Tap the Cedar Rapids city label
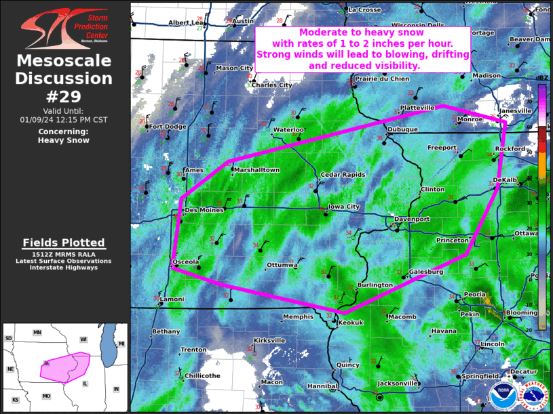tap(343, 174)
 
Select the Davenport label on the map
tap(412, 220)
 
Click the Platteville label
tap(417, 107)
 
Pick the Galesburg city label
tap(426, 272)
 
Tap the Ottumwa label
tap(282, 264)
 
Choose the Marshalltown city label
tap(257, 170)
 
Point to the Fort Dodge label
tap(168, 126)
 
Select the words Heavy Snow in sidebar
tap(64, 140)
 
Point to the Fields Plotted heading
tap(64, 243)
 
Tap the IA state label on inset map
tap(46, 363)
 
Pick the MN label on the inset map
tap(37, 333)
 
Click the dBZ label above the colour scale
tap(541, 79)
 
